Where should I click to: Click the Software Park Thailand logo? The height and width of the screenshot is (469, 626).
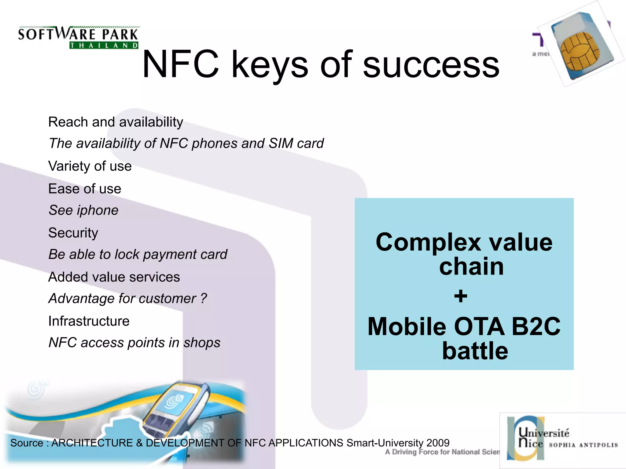(78, 37)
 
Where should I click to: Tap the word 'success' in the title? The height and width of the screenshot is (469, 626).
(431, 65)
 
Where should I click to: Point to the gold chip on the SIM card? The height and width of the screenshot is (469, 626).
(579, 50)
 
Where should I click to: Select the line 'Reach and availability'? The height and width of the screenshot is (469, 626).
(116, 122)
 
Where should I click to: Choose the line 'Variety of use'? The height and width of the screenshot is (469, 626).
(90, 166)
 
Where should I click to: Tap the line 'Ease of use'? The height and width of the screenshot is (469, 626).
(85, 189)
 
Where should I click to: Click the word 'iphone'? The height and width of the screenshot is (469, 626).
(98, 210)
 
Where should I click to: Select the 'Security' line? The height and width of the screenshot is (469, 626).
(73, 233)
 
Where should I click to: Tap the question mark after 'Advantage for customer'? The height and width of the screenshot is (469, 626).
(204, 298)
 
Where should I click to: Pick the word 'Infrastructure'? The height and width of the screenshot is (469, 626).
(89, 321)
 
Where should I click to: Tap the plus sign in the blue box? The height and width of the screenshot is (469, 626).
(461, 296)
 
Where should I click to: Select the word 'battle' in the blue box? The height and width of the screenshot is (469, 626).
(475, 351)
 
